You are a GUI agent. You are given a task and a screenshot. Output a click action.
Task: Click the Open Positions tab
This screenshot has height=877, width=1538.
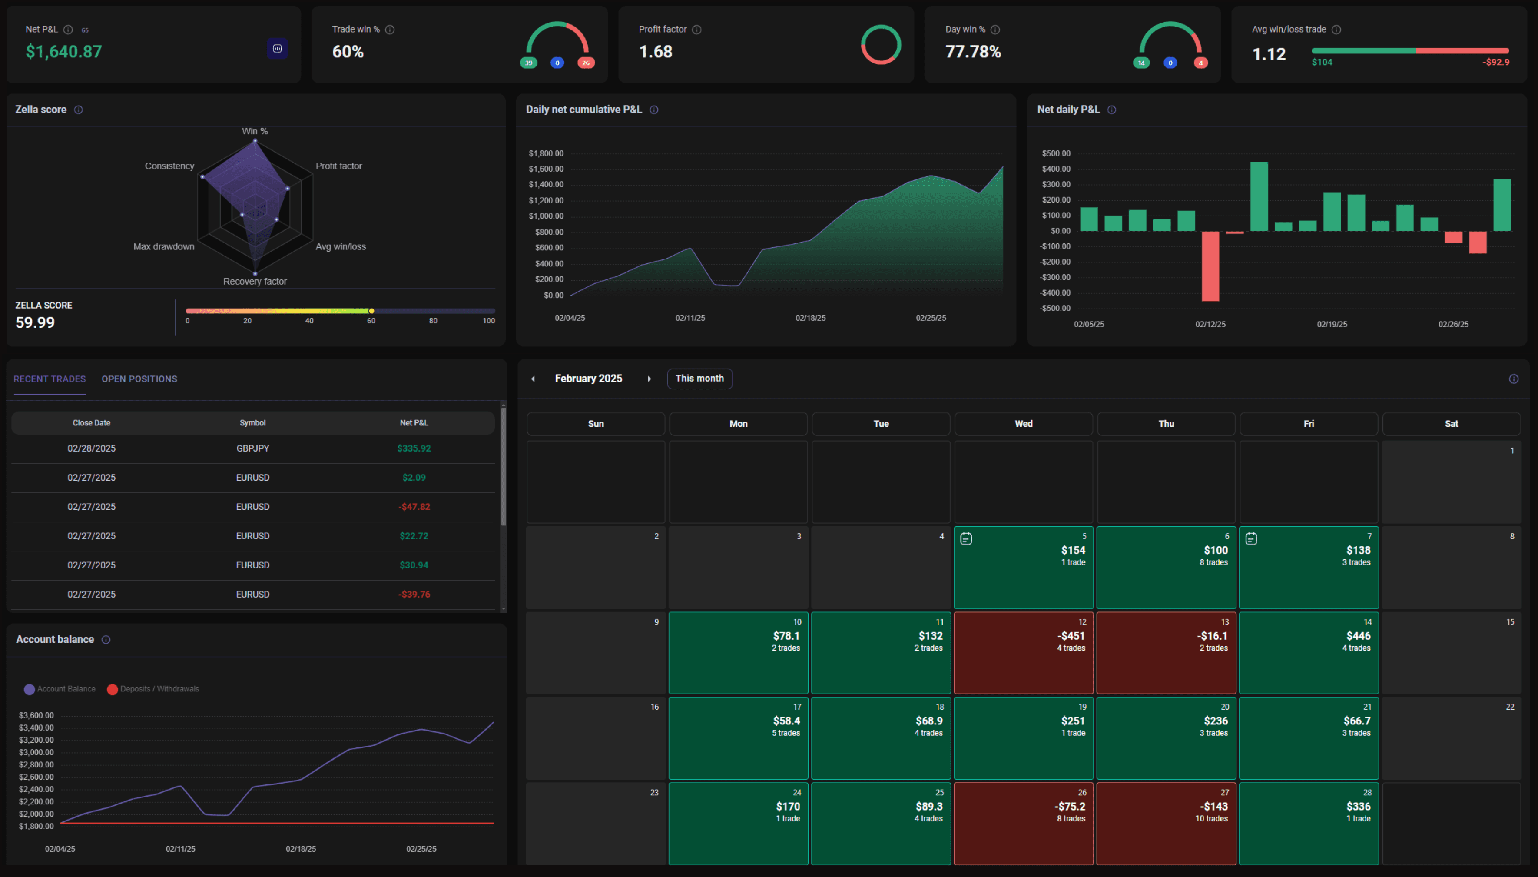(x=139, y=379)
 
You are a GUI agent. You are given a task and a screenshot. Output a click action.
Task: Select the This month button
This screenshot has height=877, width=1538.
(x=699, y=378)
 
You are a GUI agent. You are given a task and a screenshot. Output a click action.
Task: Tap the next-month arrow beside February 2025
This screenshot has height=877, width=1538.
(x=649, y=379)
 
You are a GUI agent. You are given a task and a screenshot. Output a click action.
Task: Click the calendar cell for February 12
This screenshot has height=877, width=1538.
(x=1023, y=653)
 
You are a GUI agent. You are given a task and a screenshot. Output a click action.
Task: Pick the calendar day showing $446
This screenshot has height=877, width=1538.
(x=1309, y=653)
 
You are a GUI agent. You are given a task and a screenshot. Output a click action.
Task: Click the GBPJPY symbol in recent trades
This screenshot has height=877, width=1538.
(x=253, y=448)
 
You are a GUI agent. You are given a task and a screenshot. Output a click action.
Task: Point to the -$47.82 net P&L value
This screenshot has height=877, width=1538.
(x=414, y=507)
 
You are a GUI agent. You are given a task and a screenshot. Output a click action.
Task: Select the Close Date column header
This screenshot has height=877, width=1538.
(x=92, y=423)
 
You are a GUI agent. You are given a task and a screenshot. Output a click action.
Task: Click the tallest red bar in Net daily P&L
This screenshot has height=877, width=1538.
(x=1210, y=266)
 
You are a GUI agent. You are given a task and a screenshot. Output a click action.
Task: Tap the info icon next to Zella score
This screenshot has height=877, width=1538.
(x=78, y=110)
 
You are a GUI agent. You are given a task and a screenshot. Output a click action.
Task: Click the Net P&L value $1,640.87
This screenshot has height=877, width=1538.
(x=64, y=52)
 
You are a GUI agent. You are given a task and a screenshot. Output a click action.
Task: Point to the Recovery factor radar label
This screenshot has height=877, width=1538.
(x=255, y=281)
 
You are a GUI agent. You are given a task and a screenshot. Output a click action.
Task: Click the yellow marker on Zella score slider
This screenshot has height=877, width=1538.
(x=371, y=311)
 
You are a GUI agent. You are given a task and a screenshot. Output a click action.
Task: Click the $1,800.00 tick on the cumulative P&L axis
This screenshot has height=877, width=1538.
(x=546, y=153)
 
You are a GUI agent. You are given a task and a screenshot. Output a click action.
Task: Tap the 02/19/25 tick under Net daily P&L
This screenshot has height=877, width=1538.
(x=1332, y=324)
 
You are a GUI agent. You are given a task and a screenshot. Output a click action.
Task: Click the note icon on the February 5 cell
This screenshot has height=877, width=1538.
(x=966, y=538)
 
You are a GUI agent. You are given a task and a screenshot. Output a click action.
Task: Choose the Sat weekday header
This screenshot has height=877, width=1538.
(x=1451, y=423)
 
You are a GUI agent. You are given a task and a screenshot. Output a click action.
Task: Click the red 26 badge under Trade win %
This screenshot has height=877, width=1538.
(x=586, y=63)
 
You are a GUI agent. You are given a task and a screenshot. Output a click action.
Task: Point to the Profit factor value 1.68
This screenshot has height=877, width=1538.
(x=656, y=52)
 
